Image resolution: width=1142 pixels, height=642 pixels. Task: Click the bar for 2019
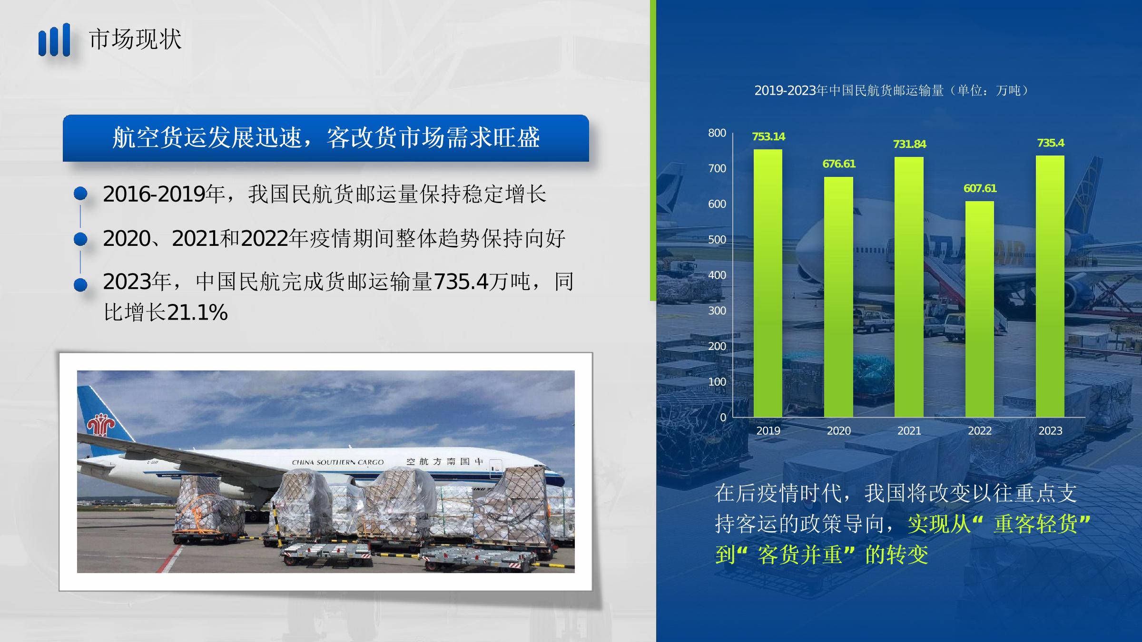pyautogui.click(x=768, y=283)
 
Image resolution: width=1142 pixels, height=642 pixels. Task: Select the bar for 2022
pyautogui.click(x=980, y=309)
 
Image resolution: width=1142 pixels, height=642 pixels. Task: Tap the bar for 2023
pyautogui.click(x=1050, y=286)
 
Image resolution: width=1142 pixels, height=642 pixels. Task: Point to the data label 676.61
pyautogui.click(x=839, y=164)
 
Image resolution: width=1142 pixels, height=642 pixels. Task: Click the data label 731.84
pyautogui.click(x=909, y=144)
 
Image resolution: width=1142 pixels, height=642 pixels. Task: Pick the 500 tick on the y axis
pyautogui.click(x=717, y=240)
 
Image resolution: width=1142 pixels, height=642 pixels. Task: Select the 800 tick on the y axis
pyautogui.click(x=717, y=133)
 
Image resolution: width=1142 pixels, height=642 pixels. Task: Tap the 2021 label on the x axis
pyautogui.click(x=909, y=431)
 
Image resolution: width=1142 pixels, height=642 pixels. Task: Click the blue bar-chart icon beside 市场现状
pyautogui.click(x=54, y=40)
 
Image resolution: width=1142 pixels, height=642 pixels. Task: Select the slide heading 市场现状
pyautogui.click(x=135, y=39)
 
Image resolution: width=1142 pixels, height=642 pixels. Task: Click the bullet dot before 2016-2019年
pyautogui.click(x=81, y=193)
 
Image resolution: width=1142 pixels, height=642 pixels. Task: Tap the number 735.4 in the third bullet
pyautogui.click(x=461, y=282)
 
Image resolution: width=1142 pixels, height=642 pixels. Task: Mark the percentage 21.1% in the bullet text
pyautogui.click(x=197, y=313)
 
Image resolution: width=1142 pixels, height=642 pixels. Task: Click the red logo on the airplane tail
pyautogui.click(x=100, y=425)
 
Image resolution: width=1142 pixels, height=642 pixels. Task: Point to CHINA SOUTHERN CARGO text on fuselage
pyautogui.click(x=338, y=462)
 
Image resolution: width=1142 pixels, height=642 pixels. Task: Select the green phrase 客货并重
pyautogui.click(x=800, y=554)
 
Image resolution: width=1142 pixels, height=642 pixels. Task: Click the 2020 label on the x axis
pyautogui.click(x=839, y=431)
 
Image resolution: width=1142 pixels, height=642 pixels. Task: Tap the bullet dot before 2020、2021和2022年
pyautogui.click(x=81, y=239)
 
